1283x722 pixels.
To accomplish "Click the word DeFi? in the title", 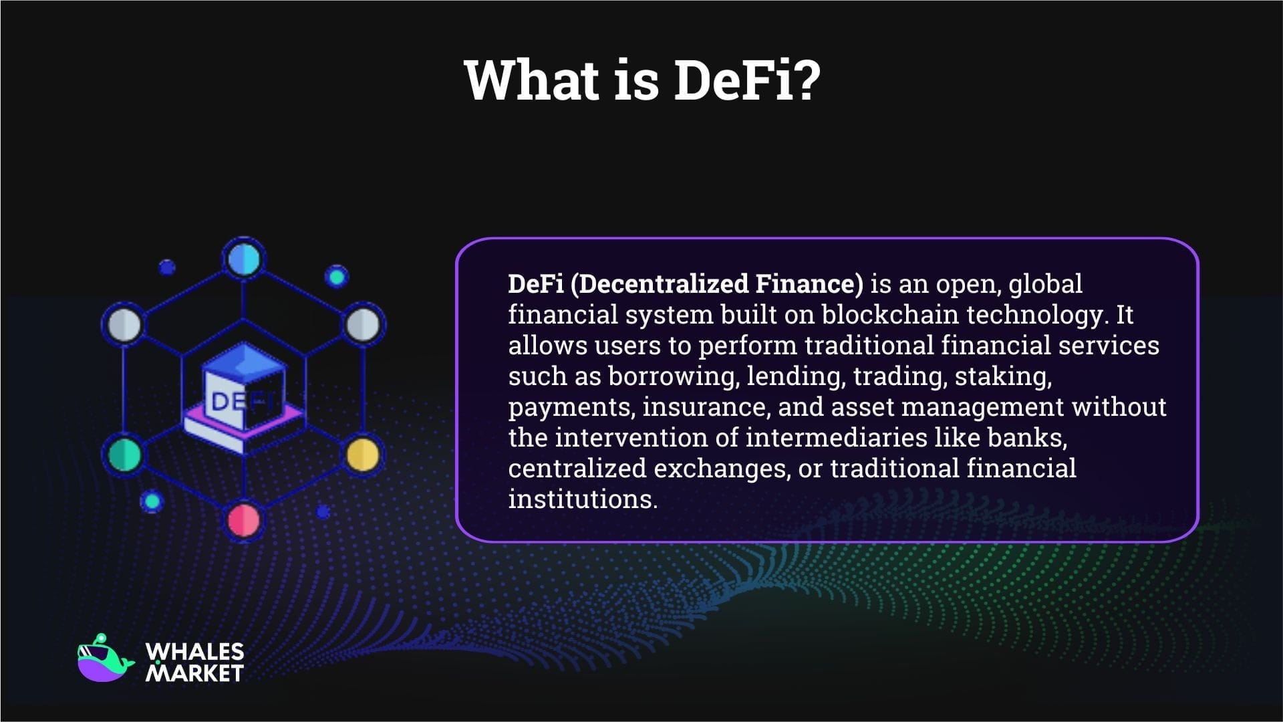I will pyautogui.click(x=746, y=80).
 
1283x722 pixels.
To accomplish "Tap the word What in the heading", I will pyautogui.click(x=532, y=80).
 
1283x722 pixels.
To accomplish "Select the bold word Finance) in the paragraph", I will pyautogui.click(x=809, y=284).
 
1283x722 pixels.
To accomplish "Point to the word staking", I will pyautogui.click(x=1002, y=376).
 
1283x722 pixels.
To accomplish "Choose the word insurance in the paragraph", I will pyautogui.click(x=704, y=407).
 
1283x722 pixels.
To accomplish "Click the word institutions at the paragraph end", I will pyautogui.click(x=582, y=499).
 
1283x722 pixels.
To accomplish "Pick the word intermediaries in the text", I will pyautogui.click(x=836, y=438).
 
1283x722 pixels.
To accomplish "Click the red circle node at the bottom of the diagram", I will pyautogui.click(x=244, y=520).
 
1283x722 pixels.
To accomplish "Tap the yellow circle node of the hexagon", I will pyautogui.click(x=363, y=455).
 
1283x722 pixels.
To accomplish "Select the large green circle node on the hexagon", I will pyautogui.click(x=125, y=455).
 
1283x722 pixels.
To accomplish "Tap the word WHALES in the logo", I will pyautogui.click(x=194, y=651).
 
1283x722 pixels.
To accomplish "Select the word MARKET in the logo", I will pyautogui.click(x=194, y=673).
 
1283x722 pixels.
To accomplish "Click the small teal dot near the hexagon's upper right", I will pyautogui.click(x=337, y=276).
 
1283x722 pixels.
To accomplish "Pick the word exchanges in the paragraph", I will pyautogui.click(x=720, y=469).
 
